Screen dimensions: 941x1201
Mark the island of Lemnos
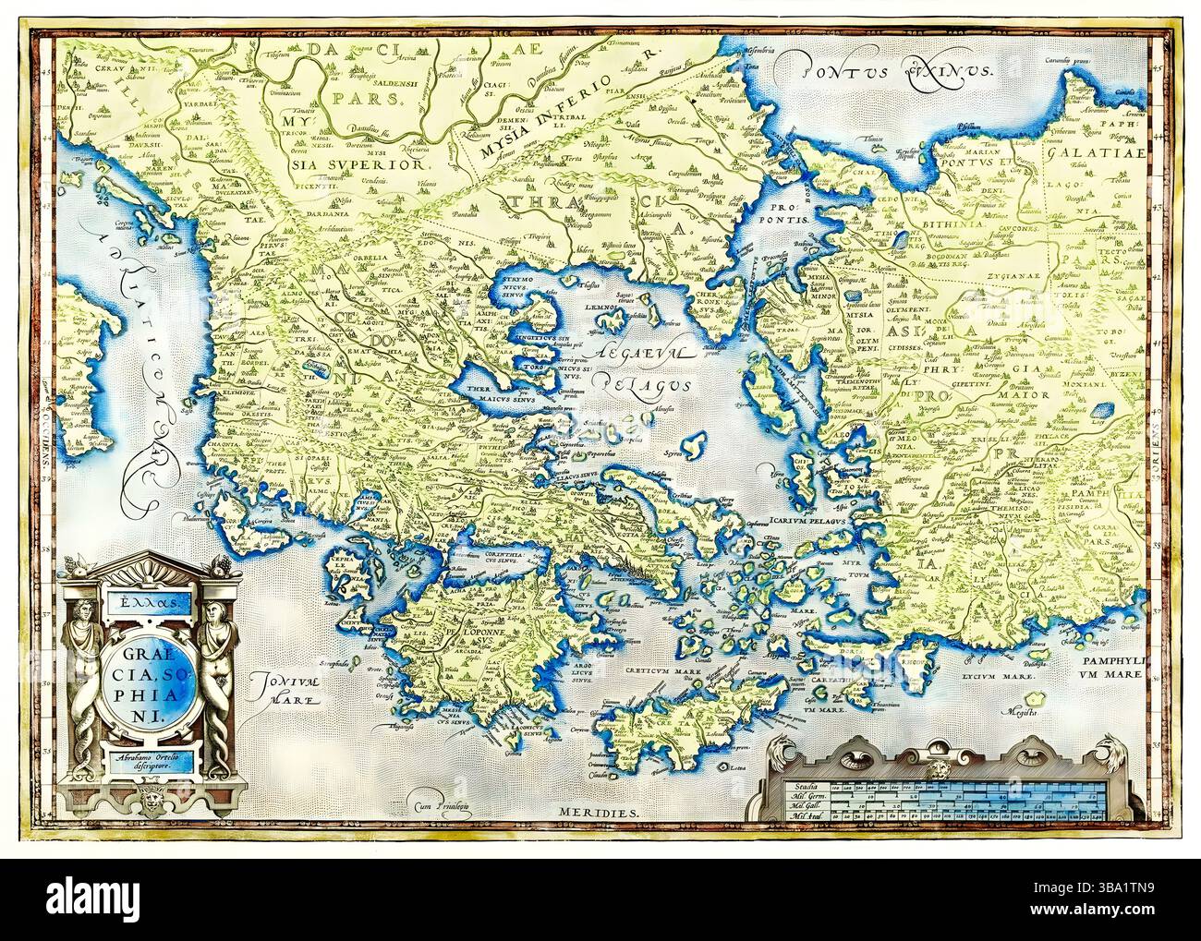coord(611,319)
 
